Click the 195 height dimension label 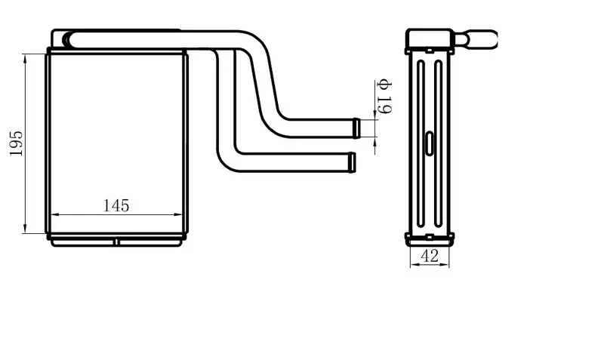click(x=17, y=143)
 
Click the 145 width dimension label click(x=116, y=205)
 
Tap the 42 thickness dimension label click(x=430, y=256)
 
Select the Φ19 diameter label click(x=384, y=97)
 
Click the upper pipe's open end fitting click(x=356, y=128)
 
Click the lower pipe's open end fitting click(x=352, y=162)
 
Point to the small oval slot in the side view click(x=429, y=143)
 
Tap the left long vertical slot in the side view click(x=421, y=143)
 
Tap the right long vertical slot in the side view click(x=438, y=143)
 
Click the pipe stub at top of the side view click(x=476, y=39)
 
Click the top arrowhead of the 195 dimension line click(x=26, y=58)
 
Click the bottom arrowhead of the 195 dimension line click(x=26, y=229)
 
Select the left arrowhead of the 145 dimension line click(x=55, y=215)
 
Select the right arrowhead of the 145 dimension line click(x=178, y=215)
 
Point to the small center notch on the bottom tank click(x=116, y=242)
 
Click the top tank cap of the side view click(x=430, y=38)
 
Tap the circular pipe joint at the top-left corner click(x=66, y=39)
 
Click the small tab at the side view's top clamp click(x=430, y=50)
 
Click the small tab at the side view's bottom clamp click(x=430, y=236)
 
